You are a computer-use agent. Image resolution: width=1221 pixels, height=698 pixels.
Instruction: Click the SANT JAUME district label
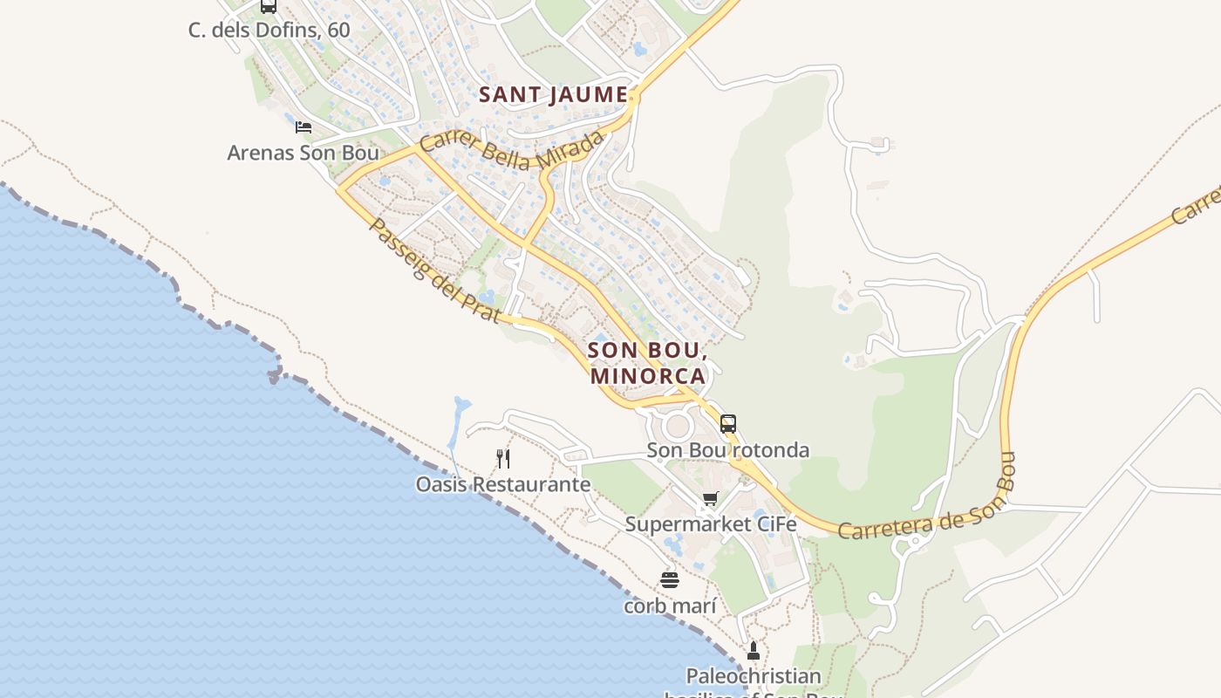554,94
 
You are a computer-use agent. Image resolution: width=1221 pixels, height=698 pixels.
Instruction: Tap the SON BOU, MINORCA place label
647,363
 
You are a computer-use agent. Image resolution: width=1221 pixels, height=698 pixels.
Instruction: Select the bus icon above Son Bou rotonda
728,424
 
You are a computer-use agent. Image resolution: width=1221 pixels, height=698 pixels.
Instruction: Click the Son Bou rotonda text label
727,450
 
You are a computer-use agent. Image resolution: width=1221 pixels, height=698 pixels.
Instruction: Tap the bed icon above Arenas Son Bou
304,127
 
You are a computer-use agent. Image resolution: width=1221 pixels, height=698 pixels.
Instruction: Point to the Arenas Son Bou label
303,153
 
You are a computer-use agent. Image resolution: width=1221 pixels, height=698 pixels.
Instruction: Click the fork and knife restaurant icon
503,459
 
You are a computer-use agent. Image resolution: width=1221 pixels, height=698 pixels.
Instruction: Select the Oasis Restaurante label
503,484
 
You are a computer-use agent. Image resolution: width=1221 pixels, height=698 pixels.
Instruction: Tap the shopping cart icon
711,499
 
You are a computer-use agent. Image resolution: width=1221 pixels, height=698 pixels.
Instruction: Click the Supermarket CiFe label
711,524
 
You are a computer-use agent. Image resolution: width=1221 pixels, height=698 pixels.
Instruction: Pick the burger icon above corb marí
670,580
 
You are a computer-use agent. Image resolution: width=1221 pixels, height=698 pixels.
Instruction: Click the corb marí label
670,606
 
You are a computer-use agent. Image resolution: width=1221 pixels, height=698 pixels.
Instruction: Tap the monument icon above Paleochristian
754,651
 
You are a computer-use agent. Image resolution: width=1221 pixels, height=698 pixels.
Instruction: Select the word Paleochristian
754,676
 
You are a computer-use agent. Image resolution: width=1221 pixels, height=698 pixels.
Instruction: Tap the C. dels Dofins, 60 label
269,30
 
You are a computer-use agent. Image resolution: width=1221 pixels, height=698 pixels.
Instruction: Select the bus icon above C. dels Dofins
269,6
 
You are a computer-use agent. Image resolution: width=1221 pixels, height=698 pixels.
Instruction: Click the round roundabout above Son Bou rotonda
678,427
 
